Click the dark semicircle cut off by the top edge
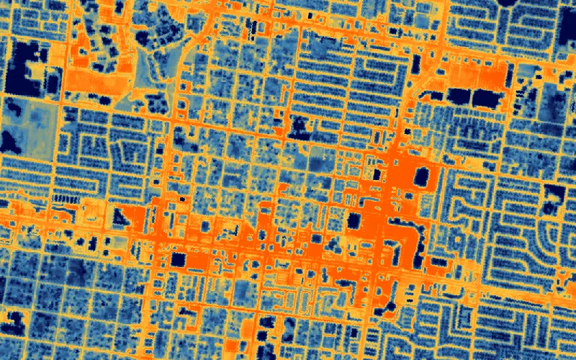click(513, 3)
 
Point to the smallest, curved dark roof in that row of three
click(458, 94)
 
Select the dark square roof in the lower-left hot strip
click(177, 259)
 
